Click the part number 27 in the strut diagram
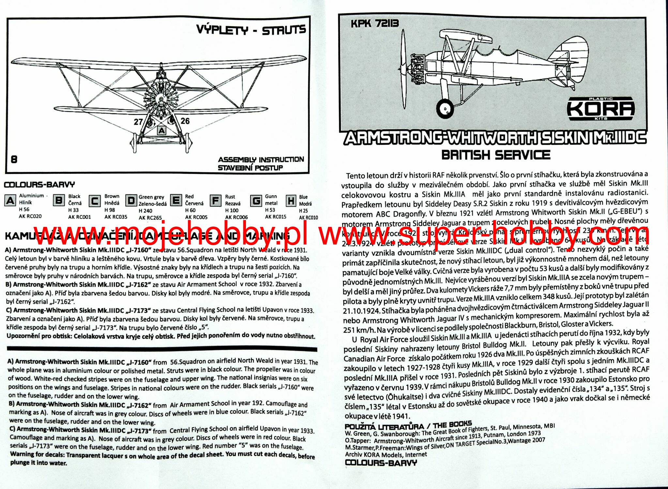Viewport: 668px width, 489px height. [138, 122]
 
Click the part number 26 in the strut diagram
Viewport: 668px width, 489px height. [185, 121]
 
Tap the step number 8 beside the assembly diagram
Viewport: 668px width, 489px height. [14, 159]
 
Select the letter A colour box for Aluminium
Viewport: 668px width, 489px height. [10, 200]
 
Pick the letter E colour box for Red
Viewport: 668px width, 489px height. [176, 200]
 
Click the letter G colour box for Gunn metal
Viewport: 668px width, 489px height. [256, 200]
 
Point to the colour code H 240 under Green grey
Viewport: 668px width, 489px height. [145, 211]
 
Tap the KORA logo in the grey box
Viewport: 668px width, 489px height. [600, 108]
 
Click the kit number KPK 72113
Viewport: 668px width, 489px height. [375, 23]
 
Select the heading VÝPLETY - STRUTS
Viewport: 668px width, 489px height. [251, 30]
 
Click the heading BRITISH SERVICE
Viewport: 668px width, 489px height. [495, 155]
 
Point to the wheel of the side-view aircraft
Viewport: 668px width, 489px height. [445, 108]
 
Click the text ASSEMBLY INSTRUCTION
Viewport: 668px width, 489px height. [261, 160]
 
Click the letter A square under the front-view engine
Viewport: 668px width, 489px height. [162, 131]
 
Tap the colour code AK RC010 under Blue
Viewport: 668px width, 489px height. [308, 217]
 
